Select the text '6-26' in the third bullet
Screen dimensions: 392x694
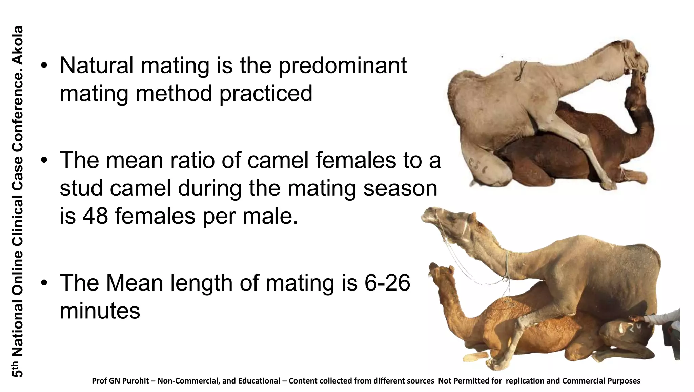coord(387,283)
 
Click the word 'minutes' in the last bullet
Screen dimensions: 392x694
coord(100,311)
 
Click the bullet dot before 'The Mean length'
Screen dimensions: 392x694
coord(44,283)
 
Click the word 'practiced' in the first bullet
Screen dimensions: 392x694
coord(266,93)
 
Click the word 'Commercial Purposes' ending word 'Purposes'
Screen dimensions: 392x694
coord(626,381)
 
